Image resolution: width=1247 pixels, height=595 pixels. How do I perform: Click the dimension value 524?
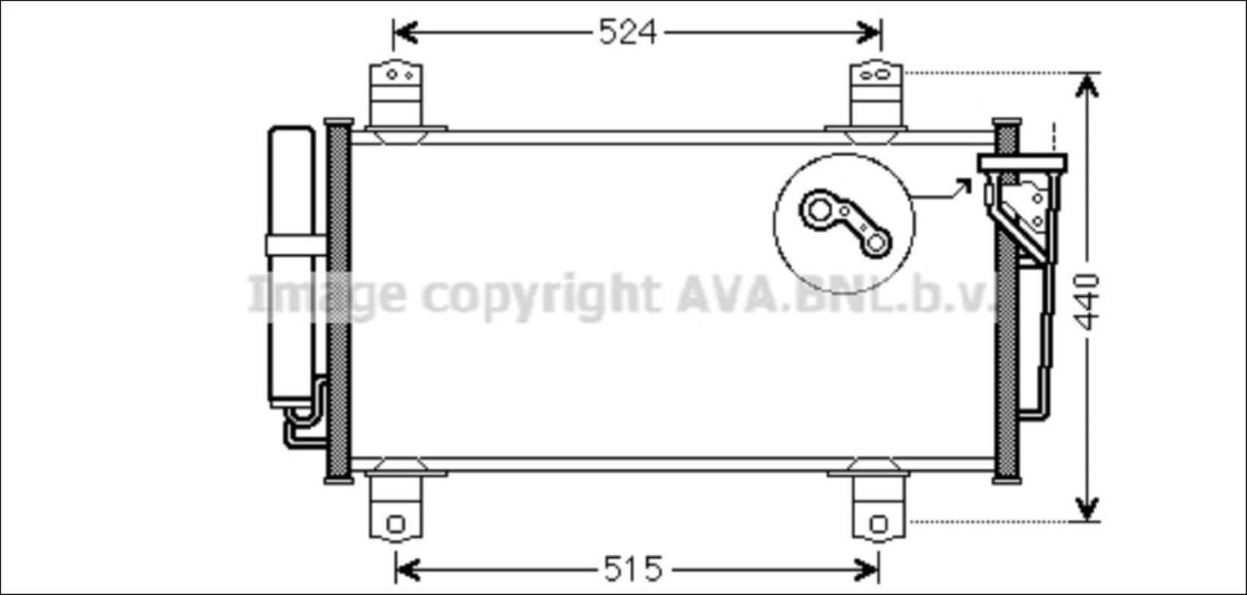pyautogui.click(x=628, y=32)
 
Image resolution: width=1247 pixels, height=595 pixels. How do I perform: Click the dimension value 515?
pyautogui.click(x=633, y=569)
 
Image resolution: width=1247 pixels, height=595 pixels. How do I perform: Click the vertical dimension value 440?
pyautogui.click(x=1086, y=302)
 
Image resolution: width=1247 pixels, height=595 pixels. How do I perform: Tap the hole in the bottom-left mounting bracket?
pyautogui.click(x=396, y=524)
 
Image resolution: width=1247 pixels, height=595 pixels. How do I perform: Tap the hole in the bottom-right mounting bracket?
pyautogui.click(x=878, y=524)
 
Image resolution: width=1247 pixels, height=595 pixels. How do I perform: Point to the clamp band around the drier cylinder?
pyautogui.click(x=296, y=245)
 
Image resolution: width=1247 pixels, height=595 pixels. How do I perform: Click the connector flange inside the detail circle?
pyautogui.click(x=845, y=224)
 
